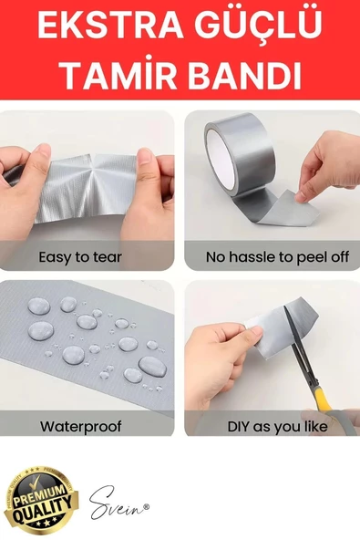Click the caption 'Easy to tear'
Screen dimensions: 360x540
click(80, 257)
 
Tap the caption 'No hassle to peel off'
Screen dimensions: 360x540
click(277, 257)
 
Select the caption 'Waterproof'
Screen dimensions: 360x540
click(81, 426)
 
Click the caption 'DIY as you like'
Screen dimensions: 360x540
click(277, 426)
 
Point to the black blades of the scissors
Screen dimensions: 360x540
click(301, 348)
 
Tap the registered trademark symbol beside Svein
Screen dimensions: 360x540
click(146, 506)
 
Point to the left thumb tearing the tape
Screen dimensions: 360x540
click(37, 164)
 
